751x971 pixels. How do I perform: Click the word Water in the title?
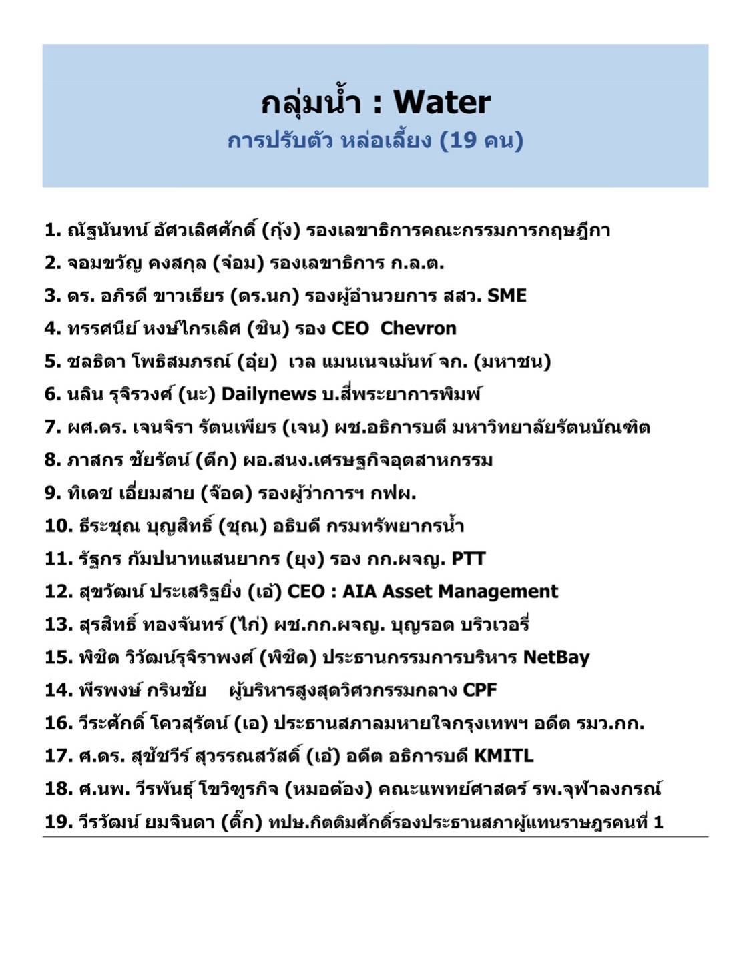click(x=442, y=103)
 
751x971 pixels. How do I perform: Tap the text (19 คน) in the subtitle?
click(x=481, y=141)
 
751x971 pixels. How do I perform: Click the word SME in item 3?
click(x=507, y=296)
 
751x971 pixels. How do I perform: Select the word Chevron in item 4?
click(x=419, y=328)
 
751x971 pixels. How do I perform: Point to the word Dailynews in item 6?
click(x=268, y=394)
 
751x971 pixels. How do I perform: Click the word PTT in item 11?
click(x=468, y=559)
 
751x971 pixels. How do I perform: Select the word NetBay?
click(x=556, y=657)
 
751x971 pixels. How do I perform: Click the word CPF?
click(x=480, y=690)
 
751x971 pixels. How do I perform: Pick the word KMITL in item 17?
click(x=503, y=756)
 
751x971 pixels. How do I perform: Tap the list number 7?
click(x=53, y=427)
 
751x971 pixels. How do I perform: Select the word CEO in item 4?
click(x=350, y=328)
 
